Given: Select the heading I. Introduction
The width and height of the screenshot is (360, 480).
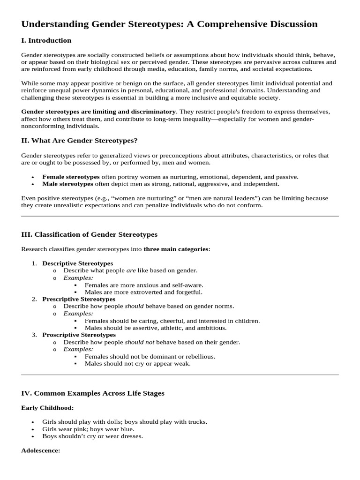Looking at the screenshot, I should (x=46, y=40).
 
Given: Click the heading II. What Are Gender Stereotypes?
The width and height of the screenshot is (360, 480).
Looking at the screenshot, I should (x=79, y=140).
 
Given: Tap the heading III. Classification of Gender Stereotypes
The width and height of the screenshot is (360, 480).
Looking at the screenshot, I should (x=89, y=234).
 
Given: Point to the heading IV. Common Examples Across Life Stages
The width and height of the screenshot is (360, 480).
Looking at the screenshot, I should (x=93, y=393).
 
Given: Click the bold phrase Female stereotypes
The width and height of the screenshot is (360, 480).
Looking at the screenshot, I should (x=71, y=177).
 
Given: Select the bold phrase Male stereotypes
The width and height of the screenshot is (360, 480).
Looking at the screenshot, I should (x=67, y=184).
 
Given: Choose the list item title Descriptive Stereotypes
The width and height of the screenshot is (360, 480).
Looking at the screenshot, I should (x=77, y=263).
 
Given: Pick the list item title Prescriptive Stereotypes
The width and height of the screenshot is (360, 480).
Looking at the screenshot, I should (x=79, y=299).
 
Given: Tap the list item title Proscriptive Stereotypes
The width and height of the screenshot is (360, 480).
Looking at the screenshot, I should (x=79, y=335).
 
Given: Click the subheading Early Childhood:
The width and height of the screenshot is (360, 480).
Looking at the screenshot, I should (x=47, y=408).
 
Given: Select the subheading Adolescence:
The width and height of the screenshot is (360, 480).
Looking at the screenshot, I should (x=41, y=450).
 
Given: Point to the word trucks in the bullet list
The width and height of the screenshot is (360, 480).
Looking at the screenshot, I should (x=197, y=422).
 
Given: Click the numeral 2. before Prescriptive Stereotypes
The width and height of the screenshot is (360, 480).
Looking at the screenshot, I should (x=34, y=299).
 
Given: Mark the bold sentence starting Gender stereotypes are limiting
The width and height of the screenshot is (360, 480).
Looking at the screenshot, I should (x=98, y=112).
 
